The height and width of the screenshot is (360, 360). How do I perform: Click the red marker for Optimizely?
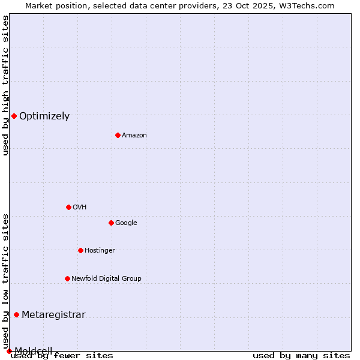14,116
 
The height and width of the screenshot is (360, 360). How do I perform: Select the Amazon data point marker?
118,135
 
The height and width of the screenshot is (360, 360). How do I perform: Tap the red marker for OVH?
68,207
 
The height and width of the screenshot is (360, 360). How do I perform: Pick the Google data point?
111,223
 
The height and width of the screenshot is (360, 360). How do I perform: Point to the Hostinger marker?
80,250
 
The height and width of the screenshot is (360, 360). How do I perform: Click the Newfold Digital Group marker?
67,278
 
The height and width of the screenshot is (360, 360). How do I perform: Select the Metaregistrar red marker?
16,314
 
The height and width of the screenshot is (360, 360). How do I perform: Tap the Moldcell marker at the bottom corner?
9,351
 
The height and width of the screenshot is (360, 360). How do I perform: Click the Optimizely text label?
44,116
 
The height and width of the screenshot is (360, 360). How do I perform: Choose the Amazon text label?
134,136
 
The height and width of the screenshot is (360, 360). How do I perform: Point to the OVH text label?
80,208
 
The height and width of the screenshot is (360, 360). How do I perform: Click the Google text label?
126,223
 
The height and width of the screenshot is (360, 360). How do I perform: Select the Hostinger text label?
100,251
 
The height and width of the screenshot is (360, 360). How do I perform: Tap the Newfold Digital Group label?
106,279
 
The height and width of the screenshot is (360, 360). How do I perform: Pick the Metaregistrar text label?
53,315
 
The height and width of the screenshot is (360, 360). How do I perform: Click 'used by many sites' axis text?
301,356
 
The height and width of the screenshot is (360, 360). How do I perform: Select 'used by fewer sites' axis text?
63,356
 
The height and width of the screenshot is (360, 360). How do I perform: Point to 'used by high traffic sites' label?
6,85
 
